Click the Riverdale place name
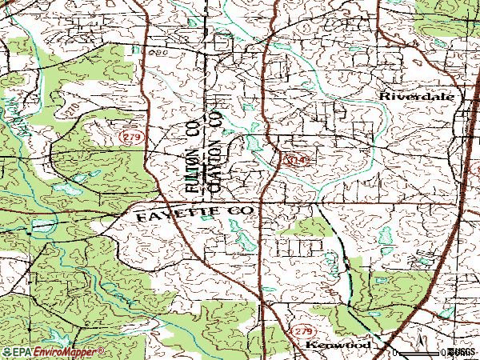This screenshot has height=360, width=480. (x=417, y=95)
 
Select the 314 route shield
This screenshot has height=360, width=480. (x=293, y=161)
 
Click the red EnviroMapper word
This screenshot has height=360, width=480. (x=67, y=352)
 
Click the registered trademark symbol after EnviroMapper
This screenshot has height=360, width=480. (x=102, y=349)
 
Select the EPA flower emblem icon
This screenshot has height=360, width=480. (x=6, y=352)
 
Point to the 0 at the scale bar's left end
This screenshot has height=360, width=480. (x=394, y=352)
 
